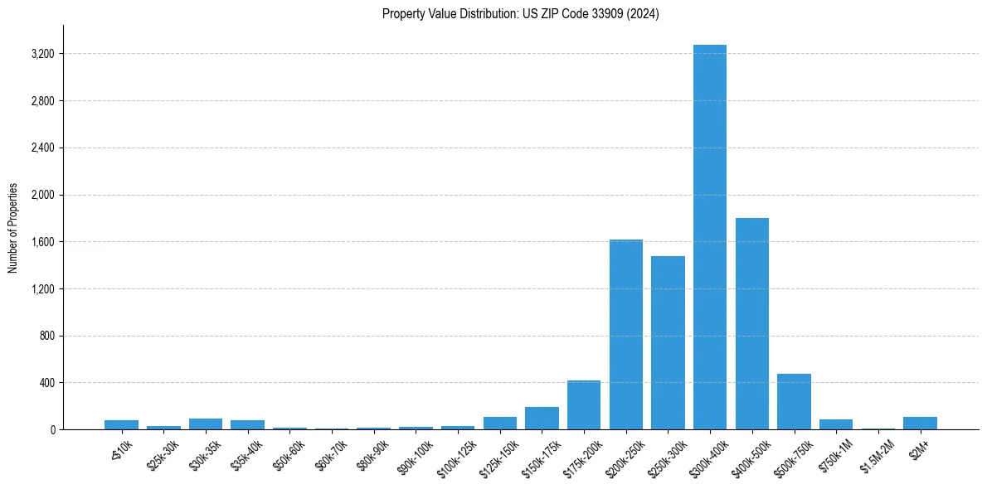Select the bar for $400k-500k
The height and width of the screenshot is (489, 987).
coord(751,323)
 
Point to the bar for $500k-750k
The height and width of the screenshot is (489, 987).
coord(794,402)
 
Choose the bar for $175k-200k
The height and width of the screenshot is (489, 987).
coord(584,405)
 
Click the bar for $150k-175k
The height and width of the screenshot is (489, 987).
coord(542,419)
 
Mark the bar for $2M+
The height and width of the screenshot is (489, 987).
coord(920,424)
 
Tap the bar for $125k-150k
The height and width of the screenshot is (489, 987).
coord(500,424)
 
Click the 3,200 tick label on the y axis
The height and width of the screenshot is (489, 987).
coord(42,54)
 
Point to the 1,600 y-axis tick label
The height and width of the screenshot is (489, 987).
coord(42,242)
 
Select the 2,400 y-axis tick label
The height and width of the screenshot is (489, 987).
coord(42,148)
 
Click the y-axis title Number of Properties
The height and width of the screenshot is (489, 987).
coord(12,228)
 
